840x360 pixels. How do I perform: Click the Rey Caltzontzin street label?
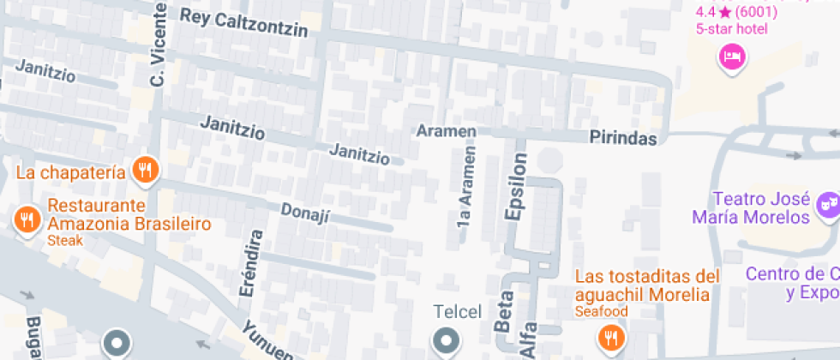[243, 23]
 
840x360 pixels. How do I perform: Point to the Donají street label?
[305, 211]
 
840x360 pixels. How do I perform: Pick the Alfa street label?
[528, 339]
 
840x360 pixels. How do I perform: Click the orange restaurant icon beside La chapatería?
[146, 171]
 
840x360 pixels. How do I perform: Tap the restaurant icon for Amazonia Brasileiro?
[27, 219]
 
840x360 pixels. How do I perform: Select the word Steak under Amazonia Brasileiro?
[65, 241]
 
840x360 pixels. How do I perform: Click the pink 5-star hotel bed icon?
[732, 58]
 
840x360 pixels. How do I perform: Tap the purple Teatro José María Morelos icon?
[826, 204]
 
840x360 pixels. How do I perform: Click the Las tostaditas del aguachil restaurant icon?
[612, 336]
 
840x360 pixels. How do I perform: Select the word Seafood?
[602, 311]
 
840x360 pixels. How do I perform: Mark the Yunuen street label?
[267, 339]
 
